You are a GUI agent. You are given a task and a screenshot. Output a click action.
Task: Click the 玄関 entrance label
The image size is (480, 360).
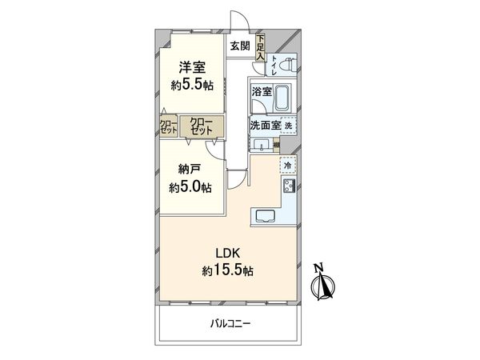pos(240,46)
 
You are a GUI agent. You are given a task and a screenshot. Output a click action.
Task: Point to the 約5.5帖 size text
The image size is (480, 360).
pos(191,85)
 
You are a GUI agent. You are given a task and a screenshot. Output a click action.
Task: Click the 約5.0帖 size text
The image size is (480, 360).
pos(190,188)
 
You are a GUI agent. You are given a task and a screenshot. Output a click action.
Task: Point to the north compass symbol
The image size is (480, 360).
pos(323,284)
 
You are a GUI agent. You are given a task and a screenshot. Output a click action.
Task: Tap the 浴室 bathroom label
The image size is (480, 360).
pos(262,93)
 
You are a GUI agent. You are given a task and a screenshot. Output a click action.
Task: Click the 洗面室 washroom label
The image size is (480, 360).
pos(263,126)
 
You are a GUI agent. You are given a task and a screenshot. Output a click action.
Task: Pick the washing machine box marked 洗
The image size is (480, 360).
pos(289,126)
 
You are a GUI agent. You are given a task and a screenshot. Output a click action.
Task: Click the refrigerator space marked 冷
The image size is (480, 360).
pos(288,166)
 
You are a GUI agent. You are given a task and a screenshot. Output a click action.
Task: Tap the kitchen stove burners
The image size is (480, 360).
pos(288,187)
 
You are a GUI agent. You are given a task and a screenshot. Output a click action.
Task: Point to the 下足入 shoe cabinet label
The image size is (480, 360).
pos(262,46)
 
